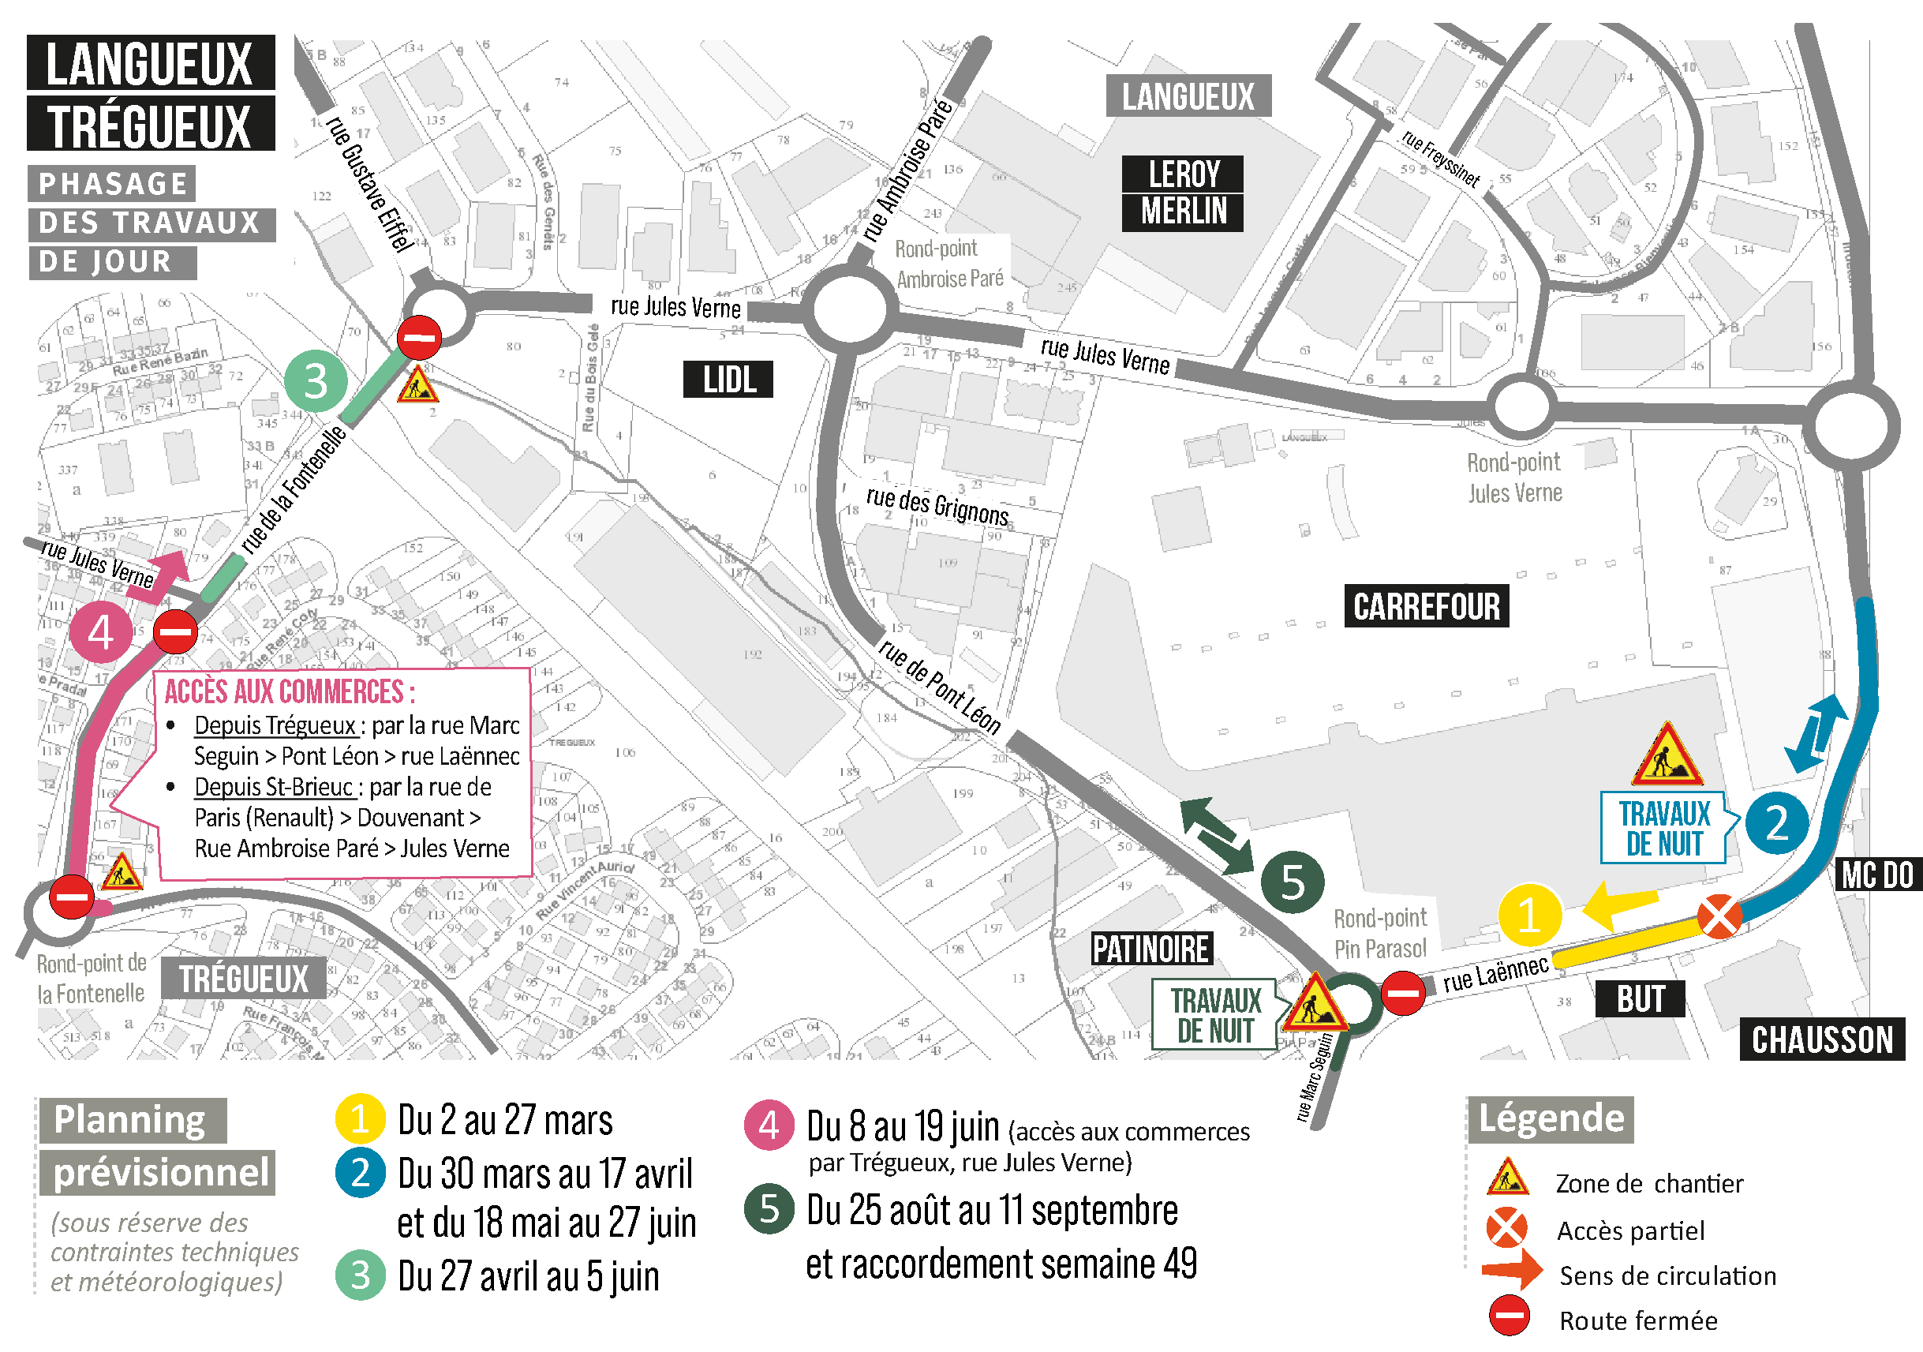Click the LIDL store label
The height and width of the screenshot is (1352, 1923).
(728, 380)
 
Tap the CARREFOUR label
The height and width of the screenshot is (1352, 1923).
(1427, 606)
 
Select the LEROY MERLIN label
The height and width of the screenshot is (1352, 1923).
(1183, 193)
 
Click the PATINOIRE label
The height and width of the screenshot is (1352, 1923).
(1150, 949)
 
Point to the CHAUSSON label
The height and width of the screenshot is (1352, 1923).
(1822, 1039)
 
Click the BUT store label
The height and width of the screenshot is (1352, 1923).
(1640, 999)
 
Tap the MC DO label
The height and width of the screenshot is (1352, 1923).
(1877, 875)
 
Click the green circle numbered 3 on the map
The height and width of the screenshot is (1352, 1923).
(316, 381)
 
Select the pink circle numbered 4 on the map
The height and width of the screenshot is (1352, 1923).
(100, 632)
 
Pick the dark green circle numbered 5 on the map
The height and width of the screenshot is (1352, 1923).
(1293, 882)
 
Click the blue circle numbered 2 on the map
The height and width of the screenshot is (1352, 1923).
(1776, 822)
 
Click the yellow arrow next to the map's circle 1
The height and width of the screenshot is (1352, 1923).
(1620, 904)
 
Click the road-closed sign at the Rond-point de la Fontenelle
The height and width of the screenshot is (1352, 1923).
(71, 897)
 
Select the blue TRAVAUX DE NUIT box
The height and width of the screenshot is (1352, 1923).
(1663, 828)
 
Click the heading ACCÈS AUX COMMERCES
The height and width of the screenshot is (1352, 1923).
(289, 692)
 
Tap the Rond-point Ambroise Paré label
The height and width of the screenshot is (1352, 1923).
(949, 264)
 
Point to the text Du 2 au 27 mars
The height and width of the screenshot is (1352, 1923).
(505, 1121)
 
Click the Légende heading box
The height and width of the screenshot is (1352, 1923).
(1550, 1119)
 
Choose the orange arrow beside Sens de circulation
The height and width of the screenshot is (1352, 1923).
(1512, 1269)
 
